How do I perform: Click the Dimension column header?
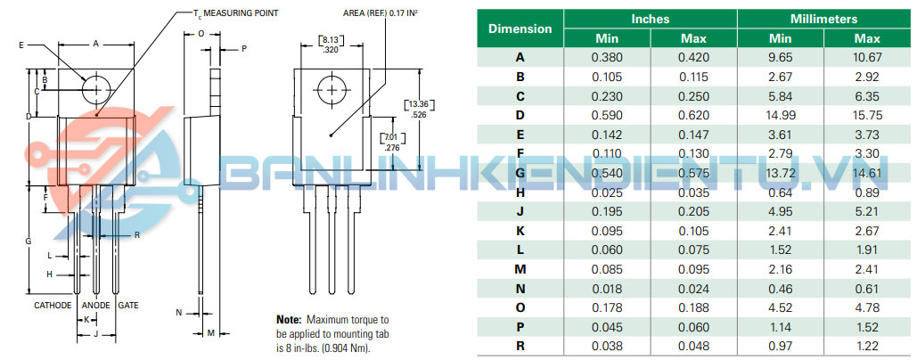coord(520,29)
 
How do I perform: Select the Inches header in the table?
coord(651,19)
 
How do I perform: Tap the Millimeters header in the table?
coord(824,19)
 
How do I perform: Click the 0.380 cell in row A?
coord(607,57)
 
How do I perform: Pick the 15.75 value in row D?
coord(867,115)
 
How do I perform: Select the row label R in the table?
coord(520,346)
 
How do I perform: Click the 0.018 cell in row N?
coord(607,288)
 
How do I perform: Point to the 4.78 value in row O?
coord(867,307)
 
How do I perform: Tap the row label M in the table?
coord(520,269)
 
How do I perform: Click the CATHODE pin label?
coord(53,305)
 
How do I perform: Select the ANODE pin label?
coord(96,305)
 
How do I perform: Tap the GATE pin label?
coord(128,305)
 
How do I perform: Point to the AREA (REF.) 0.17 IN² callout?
coord(383,12)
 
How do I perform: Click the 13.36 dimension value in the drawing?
coord(421,104)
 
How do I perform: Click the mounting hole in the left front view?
coord(96,89)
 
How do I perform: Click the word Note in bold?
coord(289,320)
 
